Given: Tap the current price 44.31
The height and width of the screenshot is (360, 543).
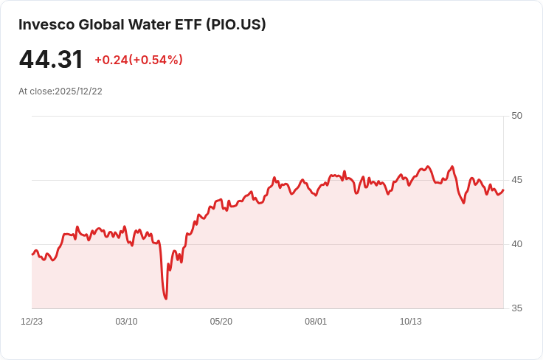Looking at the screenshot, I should tap(51, 60).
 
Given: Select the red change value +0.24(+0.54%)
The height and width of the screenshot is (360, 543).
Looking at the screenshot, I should tap(139, 60).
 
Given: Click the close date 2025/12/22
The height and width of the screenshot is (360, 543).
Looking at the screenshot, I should tap(78, 91).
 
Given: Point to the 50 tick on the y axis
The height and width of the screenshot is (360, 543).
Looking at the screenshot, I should tap(516, 116).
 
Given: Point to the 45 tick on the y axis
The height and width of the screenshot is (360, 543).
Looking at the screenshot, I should tap(516, 180).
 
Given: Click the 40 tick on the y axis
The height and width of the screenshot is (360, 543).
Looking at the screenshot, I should tap(516, 244).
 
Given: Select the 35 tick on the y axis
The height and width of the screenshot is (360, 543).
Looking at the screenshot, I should tap(516, 308).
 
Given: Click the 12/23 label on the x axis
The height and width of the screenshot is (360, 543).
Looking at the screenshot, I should tap(32, 322).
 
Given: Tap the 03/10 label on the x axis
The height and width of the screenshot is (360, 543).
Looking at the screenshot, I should tap(126, 322).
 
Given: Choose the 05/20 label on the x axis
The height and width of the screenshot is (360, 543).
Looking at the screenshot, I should tap(221, 322).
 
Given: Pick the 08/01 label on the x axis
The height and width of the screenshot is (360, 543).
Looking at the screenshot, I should tap(316, 322).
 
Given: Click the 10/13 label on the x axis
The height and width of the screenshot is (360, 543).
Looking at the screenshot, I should tap(410, 322).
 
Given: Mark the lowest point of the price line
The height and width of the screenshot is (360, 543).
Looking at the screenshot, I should tap(166, 299).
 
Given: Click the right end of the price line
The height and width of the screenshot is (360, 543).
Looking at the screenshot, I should tap(503, 190).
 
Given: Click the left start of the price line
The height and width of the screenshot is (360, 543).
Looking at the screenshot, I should tap(32, 254).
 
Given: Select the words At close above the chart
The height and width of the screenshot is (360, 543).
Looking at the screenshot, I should tap(35, 91).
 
